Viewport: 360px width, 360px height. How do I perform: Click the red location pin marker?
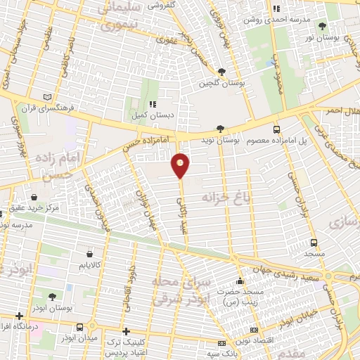pos(181,165)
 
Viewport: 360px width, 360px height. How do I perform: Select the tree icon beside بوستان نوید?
pos(222,128)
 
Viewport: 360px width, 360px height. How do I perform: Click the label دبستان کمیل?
pos(151,115)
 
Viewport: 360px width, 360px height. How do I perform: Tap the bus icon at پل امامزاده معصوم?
pos(276,129)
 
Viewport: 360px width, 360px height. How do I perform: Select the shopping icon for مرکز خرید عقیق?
pos(35,198)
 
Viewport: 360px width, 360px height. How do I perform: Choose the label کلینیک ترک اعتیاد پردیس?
pos(150,345)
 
